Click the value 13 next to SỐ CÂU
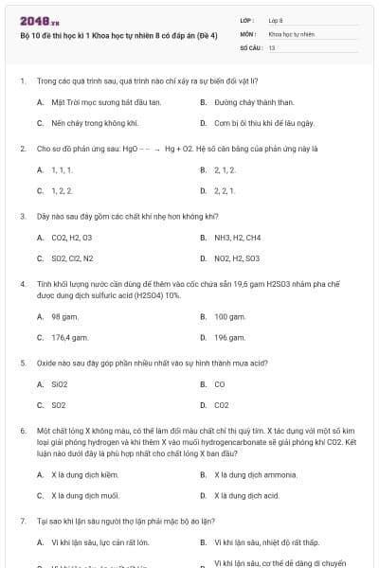272,46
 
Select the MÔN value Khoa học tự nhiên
289,33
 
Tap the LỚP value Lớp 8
276,19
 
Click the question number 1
22,81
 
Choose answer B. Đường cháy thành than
246,101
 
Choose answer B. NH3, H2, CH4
237,237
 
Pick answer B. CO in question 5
219,384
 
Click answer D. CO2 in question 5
221,405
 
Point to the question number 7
22,521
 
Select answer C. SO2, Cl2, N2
71,257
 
